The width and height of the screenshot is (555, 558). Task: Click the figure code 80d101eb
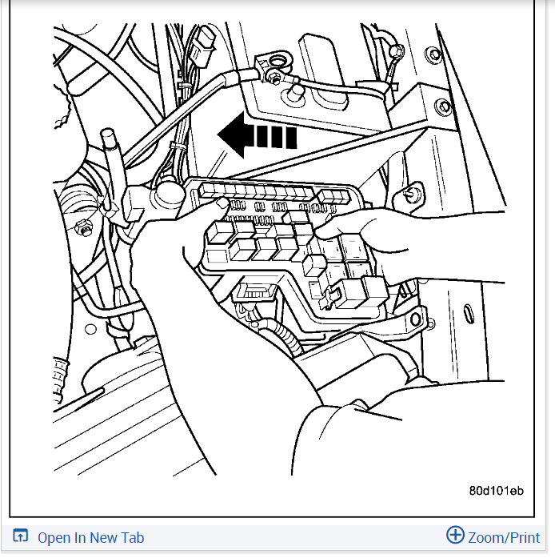[496, 490]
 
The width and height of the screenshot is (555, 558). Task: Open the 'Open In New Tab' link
[90, 537]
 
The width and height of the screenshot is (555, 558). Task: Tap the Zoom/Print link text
[505, 537]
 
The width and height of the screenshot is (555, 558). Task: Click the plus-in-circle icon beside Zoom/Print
[455, 536]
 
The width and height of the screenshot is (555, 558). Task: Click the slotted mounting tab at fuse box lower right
[414, 319]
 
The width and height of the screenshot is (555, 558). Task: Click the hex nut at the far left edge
[82, 228]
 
